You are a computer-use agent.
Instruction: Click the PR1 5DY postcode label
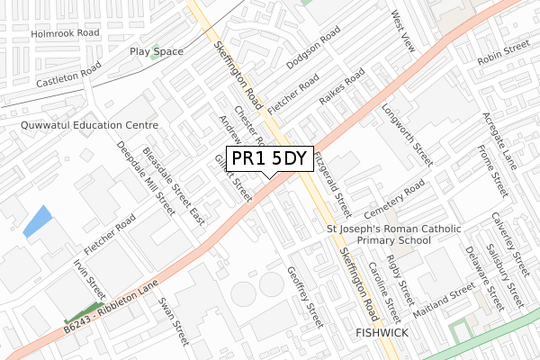click(270, 159)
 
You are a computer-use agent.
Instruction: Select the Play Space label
click(157, 52)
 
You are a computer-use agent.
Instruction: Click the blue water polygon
click(37, 221)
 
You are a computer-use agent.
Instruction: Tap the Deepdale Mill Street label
click(146, 181)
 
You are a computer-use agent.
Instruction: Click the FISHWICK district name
click(382, 333)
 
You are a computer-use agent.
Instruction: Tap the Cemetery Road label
click(394, 198)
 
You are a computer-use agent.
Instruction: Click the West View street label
click(401, 31)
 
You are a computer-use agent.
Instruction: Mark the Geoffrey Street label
click(304, 296)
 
